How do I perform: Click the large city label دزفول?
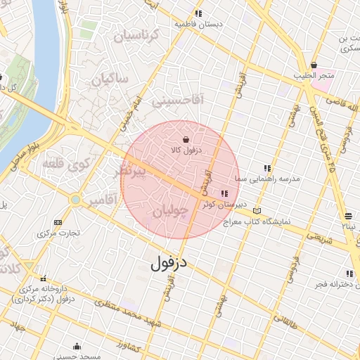point(170,264)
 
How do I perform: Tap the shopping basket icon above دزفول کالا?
point(186,139)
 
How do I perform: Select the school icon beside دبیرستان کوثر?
point(224,194)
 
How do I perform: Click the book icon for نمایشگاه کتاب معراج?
point(257,211)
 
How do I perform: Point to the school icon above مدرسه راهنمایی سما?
point(266,169)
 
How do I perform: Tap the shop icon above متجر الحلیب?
point(313,65)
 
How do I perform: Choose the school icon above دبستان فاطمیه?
point(199,13)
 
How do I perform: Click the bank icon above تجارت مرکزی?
point(58,222)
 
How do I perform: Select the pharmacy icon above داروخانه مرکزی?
point(44,279)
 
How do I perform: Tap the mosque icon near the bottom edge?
point(77,346)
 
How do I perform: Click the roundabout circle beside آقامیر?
point(75,200)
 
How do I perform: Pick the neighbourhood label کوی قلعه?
point(67,165)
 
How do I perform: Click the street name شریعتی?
point(318,236)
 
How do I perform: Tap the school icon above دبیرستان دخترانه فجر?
point(349,274)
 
